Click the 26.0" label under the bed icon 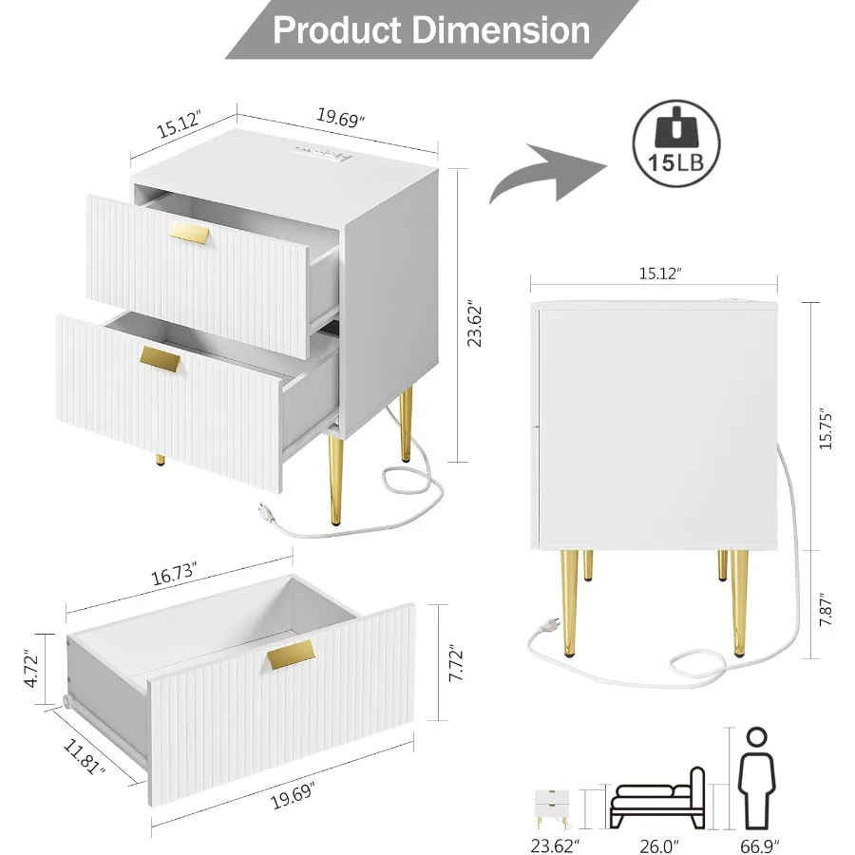[655, 842]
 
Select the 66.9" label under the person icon [757, 842]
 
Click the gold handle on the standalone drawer [291, 653]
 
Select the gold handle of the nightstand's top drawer [192, 234]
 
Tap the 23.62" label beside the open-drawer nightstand [476, 325]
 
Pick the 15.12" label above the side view [655, 274]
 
